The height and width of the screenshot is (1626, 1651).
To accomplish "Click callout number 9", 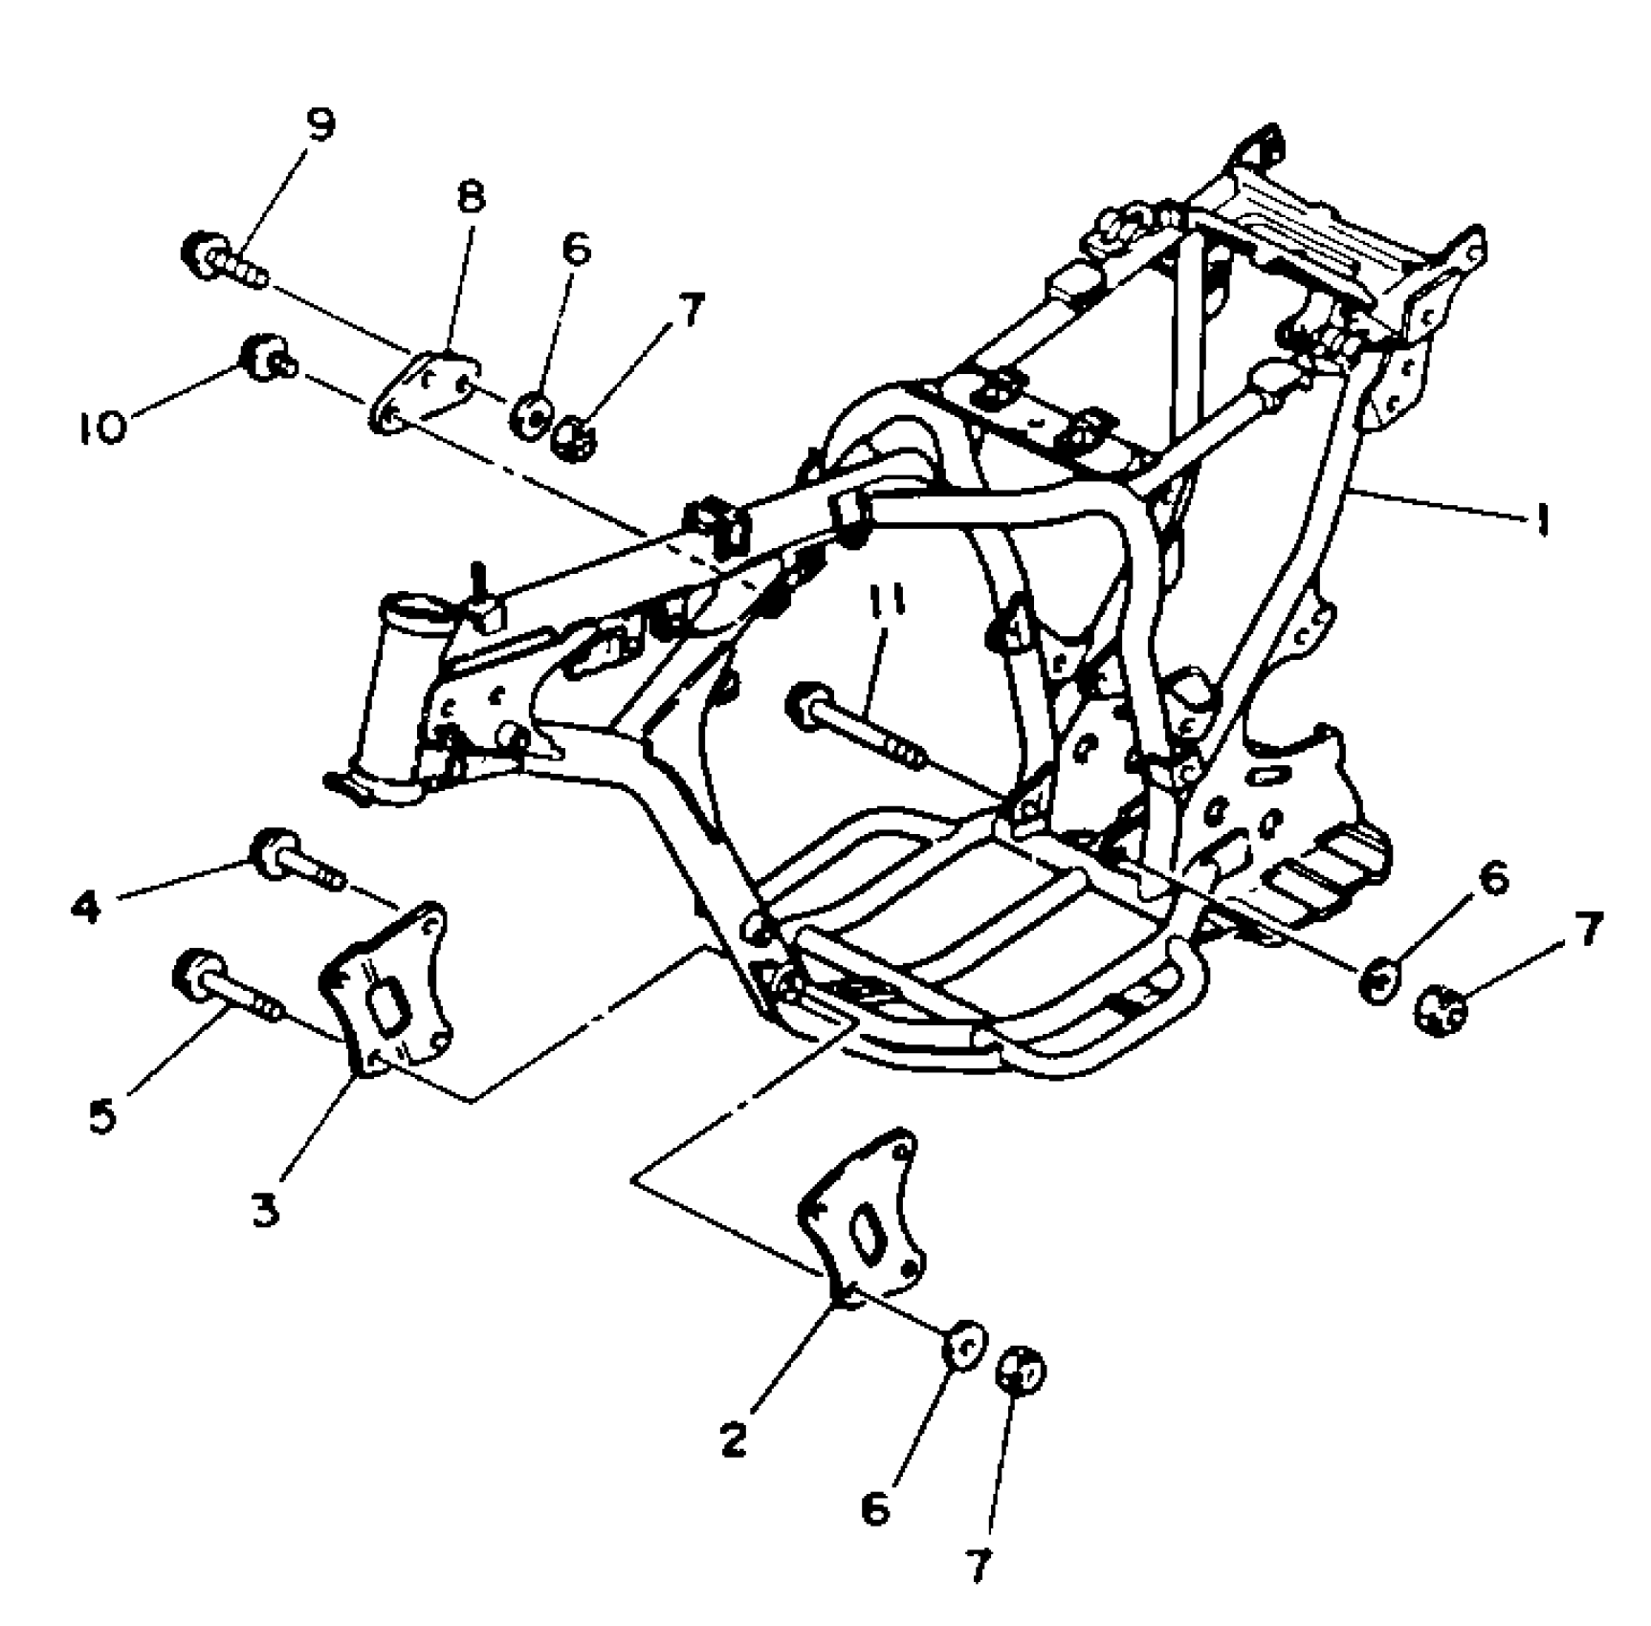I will tap(320, 125).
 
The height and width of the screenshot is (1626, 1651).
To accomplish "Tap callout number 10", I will tap(101, 428).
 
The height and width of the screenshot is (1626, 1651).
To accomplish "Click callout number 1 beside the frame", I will tap(1540, 520).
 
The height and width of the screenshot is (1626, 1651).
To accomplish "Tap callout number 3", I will tap(266, 1209).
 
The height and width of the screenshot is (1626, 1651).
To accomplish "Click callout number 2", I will tap(733, 1439).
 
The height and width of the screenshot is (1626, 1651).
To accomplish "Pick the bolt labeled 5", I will tap(226, 988).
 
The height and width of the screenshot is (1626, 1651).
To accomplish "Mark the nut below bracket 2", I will tap(1021, 1373).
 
